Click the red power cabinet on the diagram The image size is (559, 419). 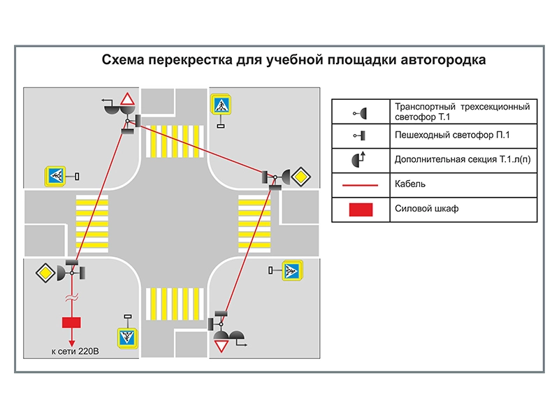tap(71, 323)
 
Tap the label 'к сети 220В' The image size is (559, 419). tap(75, 351)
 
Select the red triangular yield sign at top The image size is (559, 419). tap(127, 99)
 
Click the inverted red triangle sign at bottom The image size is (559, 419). tap(222, 346)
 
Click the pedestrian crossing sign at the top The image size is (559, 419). tap(221, 105)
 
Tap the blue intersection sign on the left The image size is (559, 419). tap(55, 176)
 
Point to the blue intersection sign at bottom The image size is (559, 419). tap(126, 337)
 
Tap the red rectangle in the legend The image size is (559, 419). tap(361, 209)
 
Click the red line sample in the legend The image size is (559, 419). tap(361, 185)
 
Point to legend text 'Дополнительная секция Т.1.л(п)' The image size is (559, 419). tap(462, 159)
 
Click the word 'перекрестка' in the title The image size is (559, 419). tap(183, 60)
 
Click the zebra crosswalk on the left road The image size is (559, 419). tap(92, 222)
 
